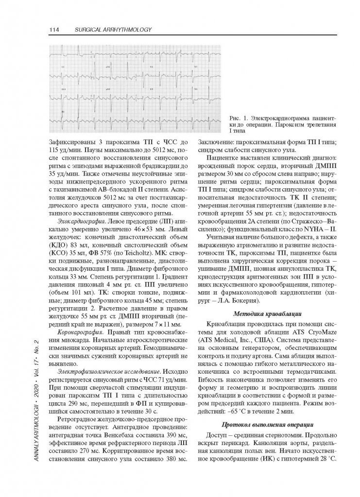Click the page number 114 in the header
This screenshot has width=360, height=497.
[x=54, y=31]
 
